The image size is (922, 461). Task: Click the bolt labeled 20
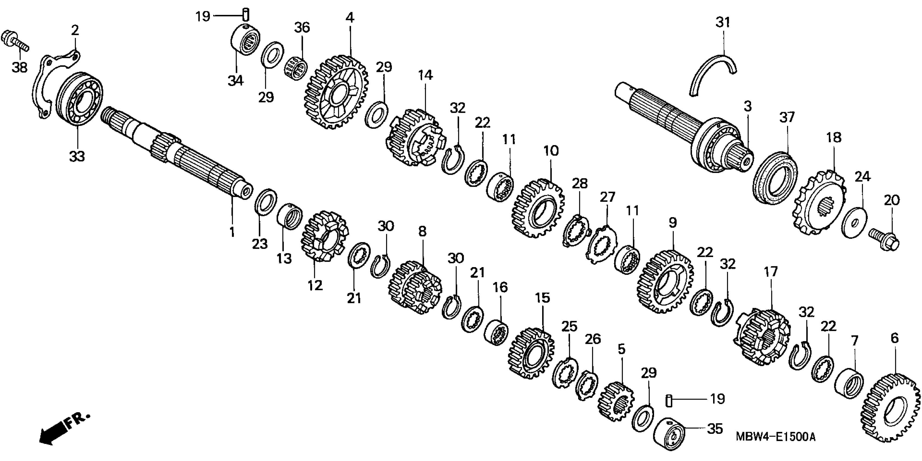884,239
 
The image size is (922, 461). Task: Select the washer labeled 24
855,222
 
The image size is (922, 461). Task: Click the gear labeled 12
324,236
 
